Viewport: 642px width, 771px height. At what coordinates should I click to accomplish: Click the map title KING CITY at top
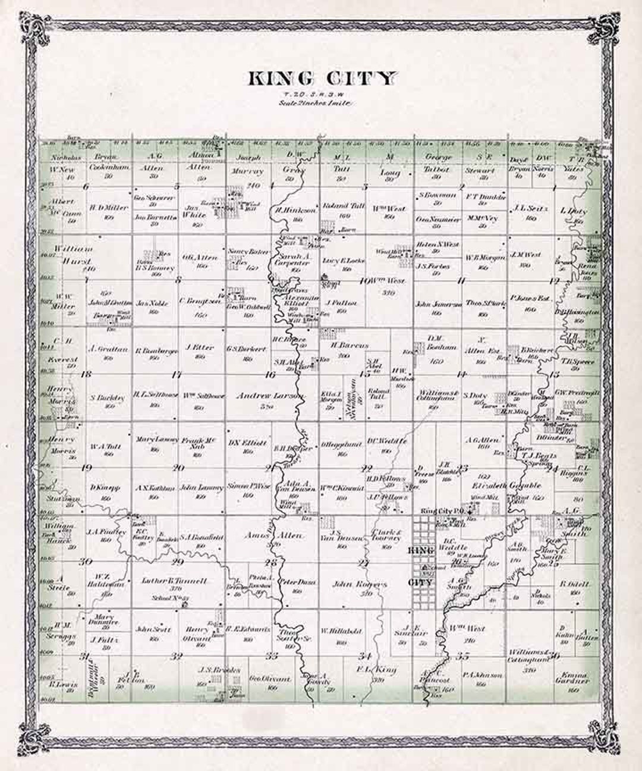click(x=320, y=79)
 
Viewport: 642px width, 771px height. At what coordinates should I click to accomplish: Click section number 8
click(x=178, y=281)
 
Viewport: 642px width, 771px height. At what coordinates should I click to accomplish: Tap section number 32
click(x=176, y=656)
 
